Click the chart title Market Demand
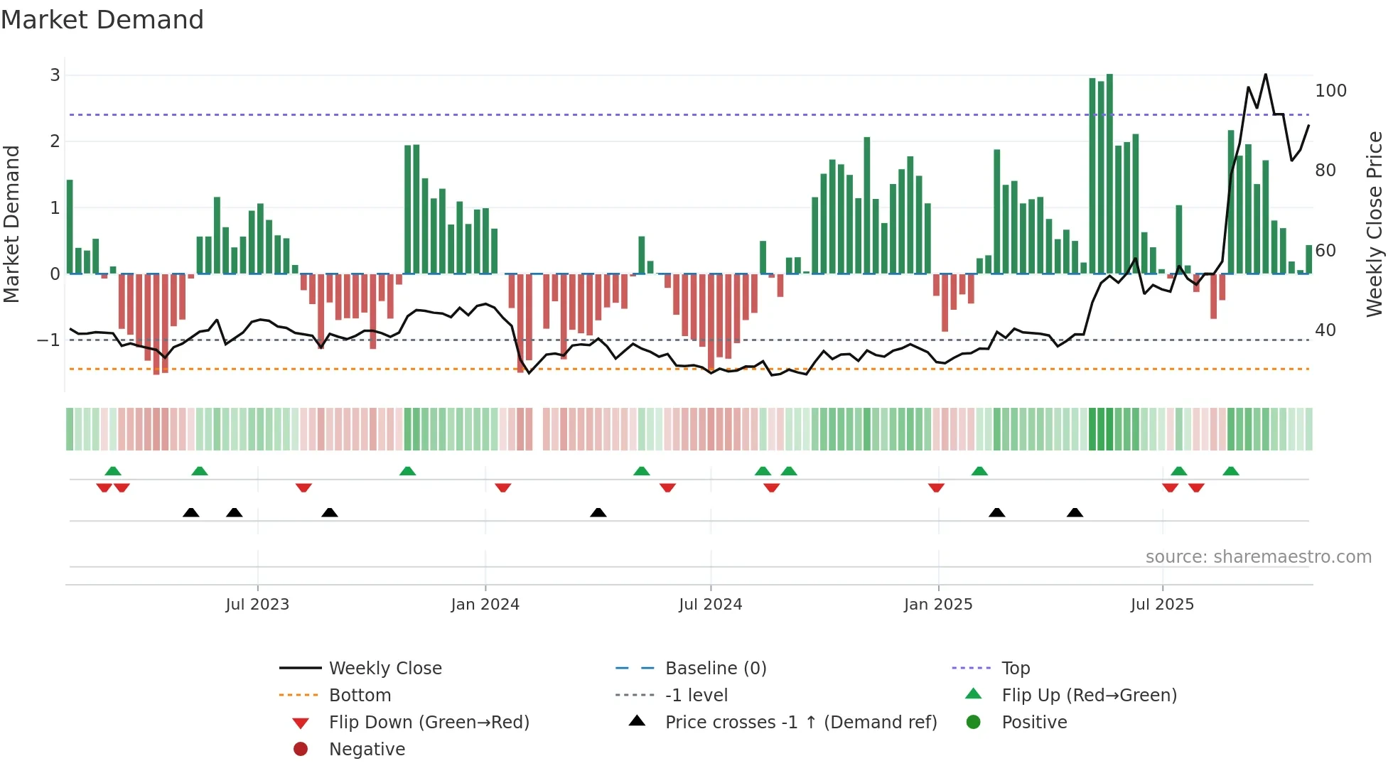point(102,20)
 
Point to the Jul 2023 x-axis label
point(257,605)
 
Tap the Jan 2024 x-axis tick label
point(485,605)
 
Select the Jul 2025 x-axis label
point(1162,605)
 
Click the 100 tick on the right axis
point(1330,91)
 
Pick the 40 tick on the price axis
point(1325,330)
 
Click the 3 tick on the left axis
point(55,75)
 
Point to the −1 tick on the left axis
point(48,340)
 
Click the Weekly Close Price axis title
point(1375,224)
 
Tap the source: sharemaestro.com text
point(1258,557)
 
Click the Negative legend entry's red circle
point(301,750)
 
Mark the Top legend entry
point(1015,669)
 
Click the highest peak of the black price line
point(1265,75)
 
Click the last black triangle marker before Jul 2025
point(1075,512)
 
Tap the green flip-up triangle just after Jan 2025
point(979,471)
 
